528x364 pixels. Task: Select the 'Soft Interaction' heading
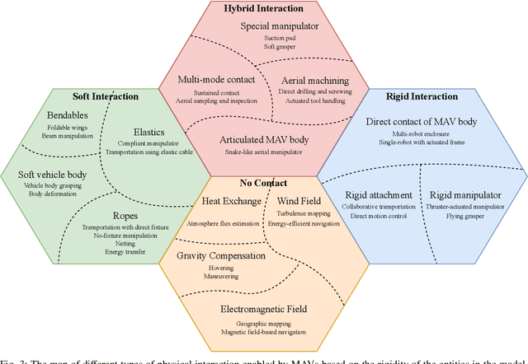[x=106, y=96]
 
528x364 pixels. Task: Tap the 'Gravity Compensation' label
[x=233, y=256]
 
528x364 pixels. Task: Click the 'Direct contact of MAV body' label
[x=421, y=122]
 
